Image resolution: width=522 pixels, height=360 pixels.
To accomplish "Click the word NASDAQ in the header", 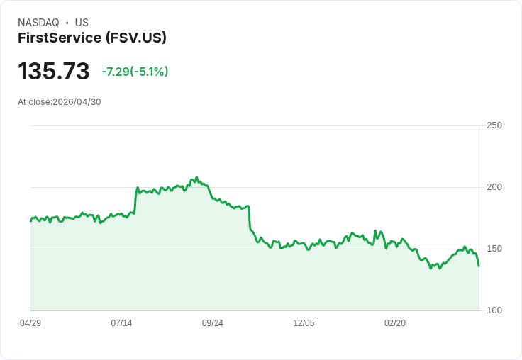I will pyautogui.click(x=38, y=23).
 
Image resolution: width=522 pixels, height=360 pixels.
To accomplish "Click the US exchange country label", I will pyautogui.click(x=82, y=23).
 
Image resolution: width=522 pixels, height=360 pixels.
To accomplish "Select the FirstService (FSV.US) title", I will pyautogui.click(x=92, y=38).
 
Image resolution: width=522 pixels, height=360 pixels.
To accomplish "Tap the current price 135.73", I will pyautogui.click(x=54, y=72).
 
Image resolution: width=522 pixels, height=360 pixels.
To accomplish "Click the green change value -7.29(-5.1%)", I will pyautogui.click(x=135, y=72).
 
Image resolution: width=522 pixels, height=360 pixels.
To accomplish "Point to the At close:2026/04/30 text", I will pyautogui.click(x=60, y=102).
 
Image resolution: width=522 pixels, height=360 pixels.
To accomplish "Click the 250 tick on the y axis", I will pyautogui.click(x=494, y=125).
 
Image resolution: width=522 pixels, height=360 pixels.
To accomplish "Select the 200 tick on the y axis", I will pyautogui.click(x=494, y=187).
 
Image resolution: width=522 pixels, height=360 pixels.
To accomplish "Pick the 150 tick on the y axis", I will pyautogui.click(x=494, y=249).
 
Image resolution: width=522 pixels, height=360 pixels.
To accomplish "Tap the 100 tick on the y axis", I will pyautogui.click(x=494, y=310).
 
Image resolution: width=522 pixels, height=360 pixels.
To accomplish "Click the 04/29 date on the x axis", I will pyautogui.click(x=30, y=323).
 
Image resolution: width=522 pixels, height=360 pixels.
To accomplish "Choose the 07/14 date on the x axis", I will pyautogui.click(x=121, y=323).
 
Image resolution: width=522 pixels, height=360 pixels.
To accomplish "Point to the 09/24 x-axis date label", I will pyautogui.click(x=213, y=323).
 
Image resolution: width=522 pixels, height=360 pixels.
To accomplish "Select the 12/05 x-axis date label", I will pyautogui.click(x=304, y=323).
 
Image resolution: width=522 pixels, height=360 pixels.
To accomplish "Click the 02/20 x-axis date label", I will pyautogui.click(x=395, y=323).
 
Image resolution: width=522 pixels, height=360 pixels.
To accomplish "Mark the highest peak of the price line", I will pyautogui.click(x=196, y=178).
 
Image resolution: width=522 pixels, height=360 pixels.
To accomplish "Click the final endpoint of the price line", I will pyautogui.click(x=479, y=266).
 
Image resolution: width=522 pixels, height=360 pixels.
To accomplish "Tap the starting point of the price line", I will pyautogui.click(x=30, y=221).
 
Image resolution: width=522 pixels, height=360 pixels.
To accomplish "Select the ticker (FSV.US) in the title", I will pyautogui.click(x=135, y=38).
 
